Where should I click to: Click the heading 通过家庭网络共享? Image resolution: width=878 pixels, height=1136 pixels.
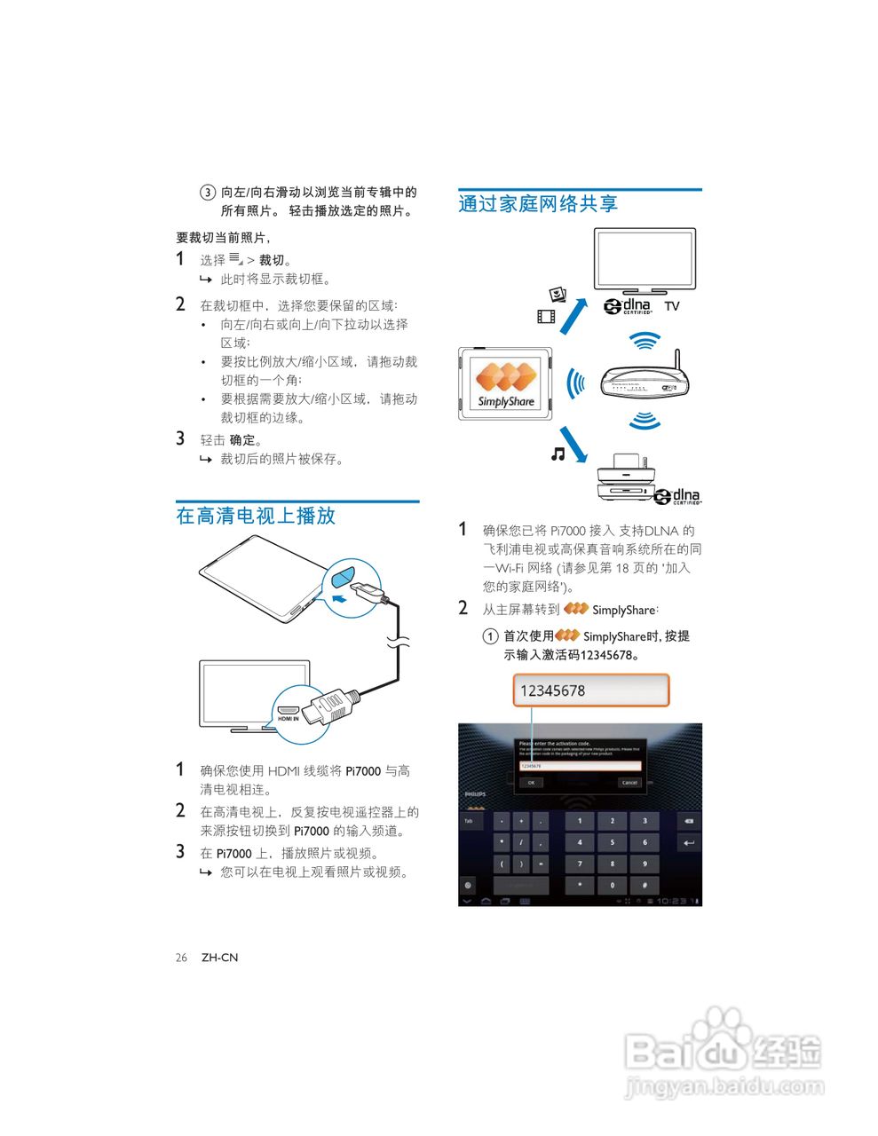(x=538, y=204)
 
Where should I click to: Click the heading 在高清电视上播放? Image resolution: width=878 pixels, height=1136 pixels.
(x=256, y=516)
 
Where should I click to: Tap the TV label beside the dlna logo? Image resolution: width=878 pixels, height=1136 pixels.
(x=672, y=306)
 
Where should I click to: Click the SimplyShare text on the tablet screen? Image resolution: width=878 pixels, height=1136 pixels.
(x=506, y=401)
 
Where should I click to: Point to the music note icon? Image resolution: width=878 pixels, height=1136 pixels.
(x=558, y=454)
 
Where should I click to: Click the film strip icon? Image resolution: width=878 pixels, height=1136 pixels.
(x=546, y=316)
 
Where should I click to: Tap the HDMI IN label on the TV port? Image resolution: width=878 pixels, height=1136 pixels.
(x=289, y=718)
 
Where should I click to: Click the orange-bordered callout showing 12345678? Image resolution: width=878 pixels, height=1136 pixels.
(x=590, y=690)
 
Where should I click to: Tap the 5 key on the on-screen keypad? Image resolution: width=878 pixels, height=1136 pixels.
(x=612, y=842)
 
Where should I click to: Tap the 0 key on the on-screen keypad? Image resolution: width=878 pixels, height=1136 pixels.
(x=612, y=885)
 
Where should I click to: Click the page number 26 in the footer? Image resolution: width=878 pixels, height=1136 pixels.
(x=181, y=958)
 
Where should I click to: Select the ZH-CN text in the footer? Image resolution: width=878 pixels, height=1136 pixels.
(x=219, y=958)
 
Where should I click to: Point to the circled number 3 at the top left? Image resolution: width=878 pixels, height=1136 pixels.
(x=207, y=193)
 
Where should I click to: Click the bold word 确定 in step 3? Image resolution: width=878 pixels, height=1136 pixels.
(x=242, y=440)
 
